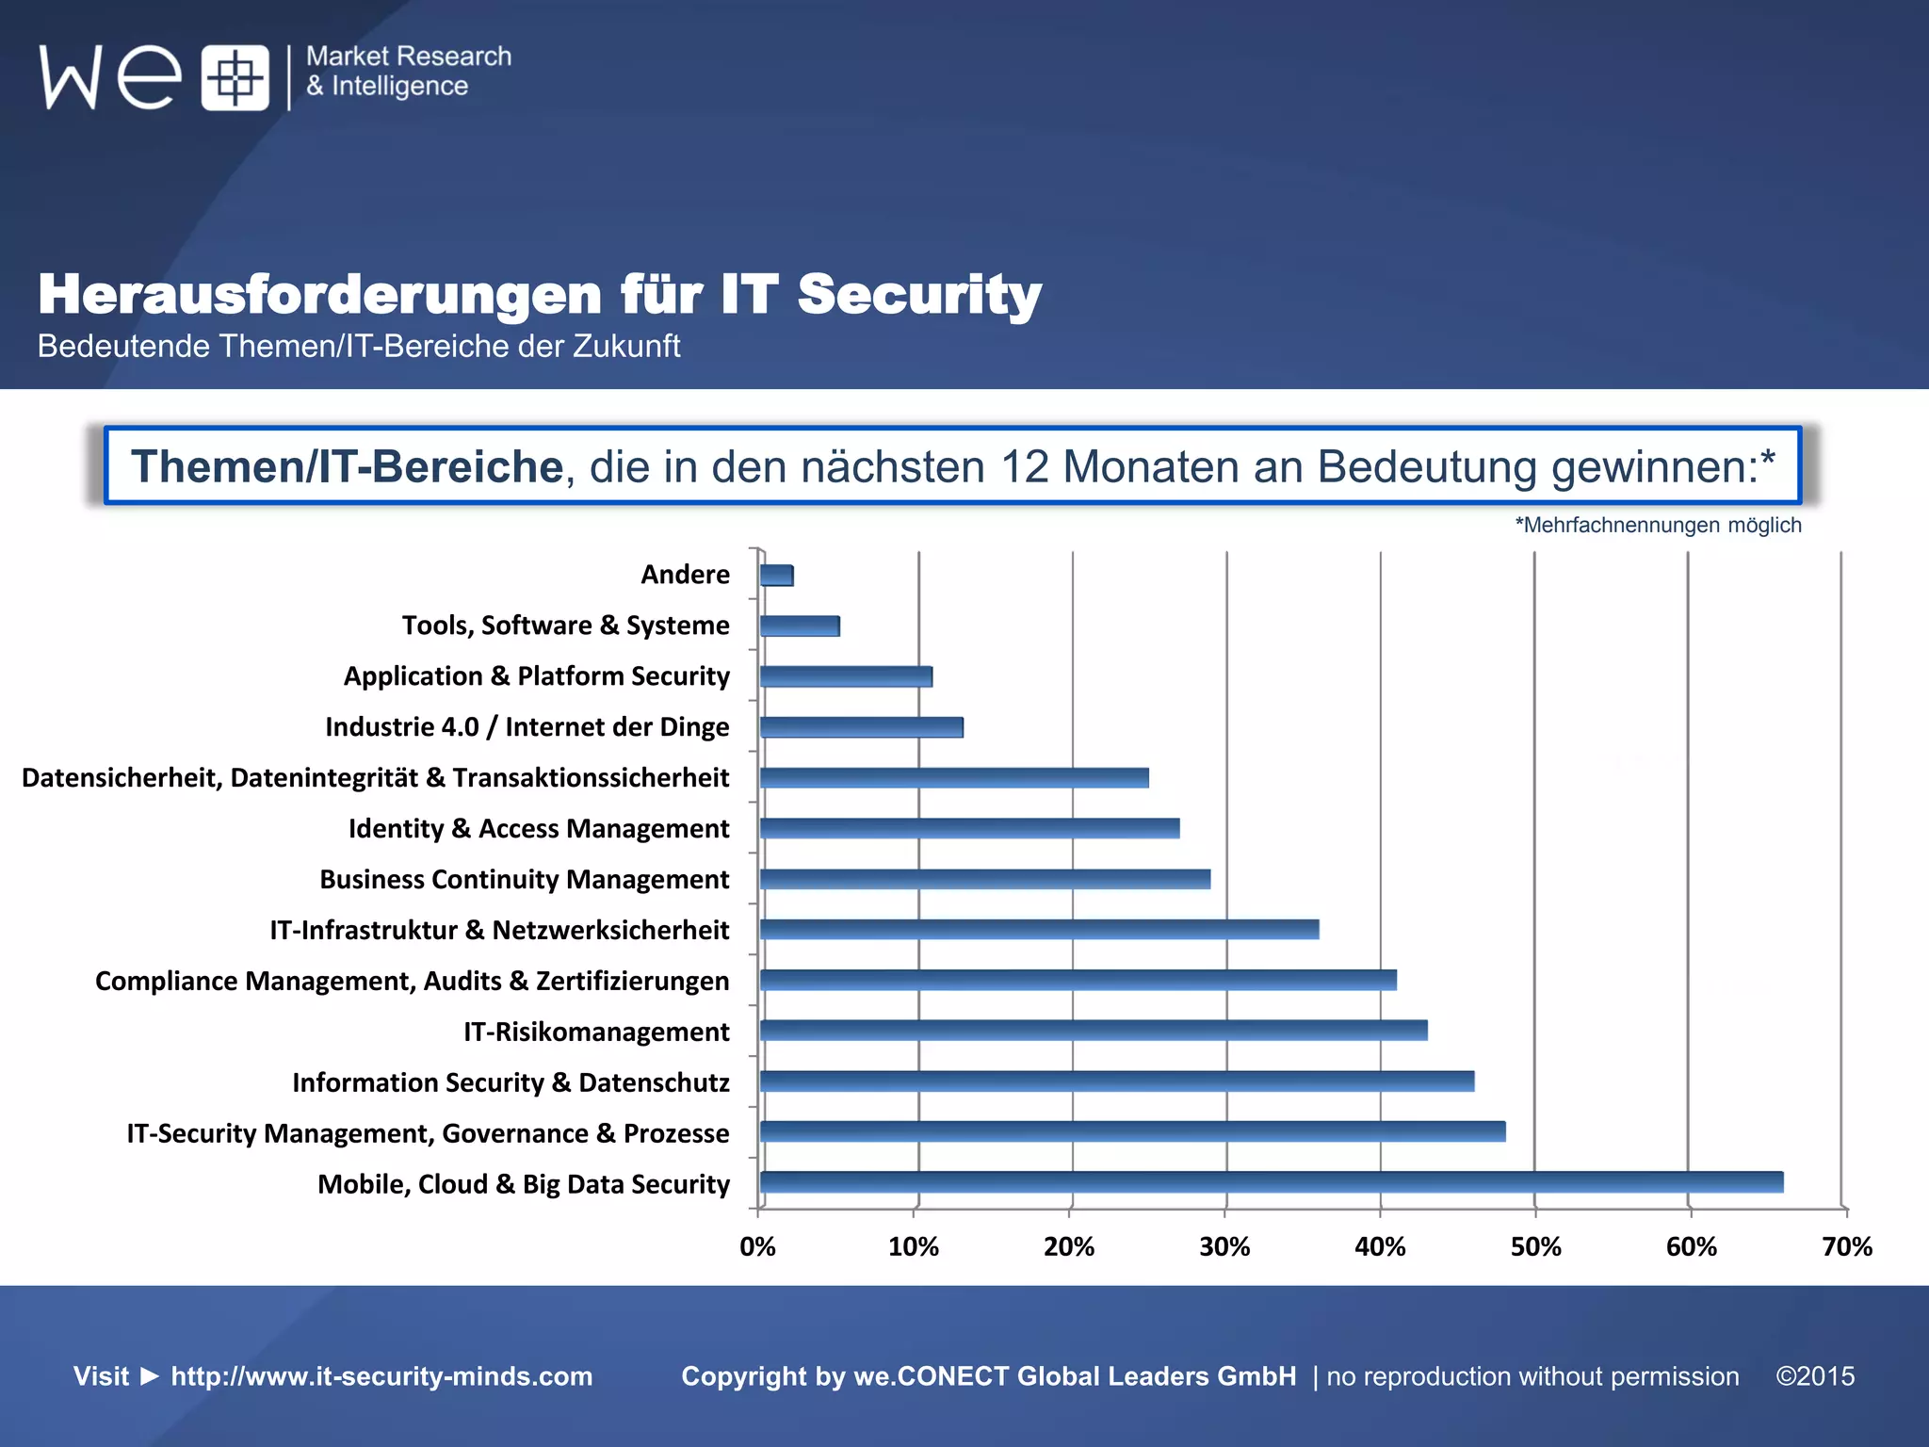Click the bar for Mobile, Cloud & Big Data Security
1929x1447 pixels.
point(1271,1182)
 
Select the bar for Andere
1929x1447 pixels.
point(776,575)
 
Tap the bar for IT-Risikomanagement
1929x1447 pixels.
point(1093,1030)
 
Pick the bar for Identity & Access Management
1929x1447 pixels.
point(969,828)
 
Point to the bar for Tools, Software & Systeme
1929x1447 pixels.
point(799,626)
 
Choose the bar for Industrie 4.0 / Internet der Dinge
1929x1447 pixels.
point(861,727)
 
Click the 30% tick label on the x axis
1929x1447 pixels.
point(1224,1247)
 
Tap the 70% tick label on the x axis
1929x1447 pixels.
point(1846,1247)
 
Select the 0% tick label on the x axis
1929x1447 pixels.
point(757,1247)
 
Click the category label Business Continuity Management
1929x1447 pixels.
point(524,879)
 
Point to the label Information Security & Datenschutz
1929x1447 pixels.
point(511,1082)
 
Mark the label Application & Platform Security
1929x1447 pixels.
point(536,676)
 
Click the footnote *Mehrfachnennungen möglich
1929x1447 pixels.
point(1658,525)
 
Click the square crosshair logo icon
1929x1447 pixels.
point(235,77)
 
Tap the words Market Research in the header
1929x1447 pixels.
point(409,57)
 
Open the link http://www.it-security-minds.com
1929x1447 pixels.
point(381,1376)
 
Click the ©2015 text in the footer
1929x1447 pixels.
point(1815,1376)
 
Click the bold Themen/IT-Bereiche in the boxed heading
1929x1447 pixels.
point(347,466)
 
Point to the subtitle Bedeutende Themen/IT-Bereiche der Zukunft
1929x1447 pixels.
point(358,347)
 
